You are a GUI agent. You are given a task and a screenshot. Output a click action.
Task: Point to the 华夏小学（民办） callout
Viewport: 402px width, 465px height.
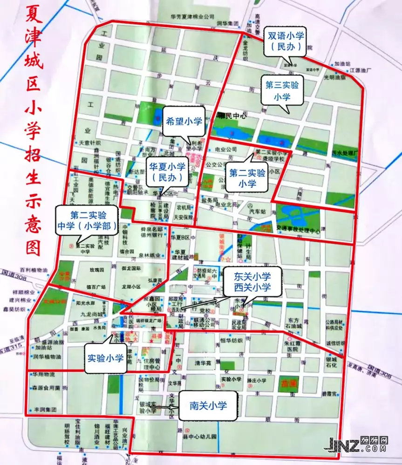[167, 171]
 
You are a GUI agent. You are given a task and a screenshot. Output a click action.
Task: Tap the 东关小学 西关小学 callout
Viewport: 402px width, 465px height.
[252, 281]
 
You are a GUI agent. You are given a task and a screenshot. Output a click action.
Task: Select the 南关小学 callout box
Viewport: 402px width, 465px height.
[208, 406]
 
